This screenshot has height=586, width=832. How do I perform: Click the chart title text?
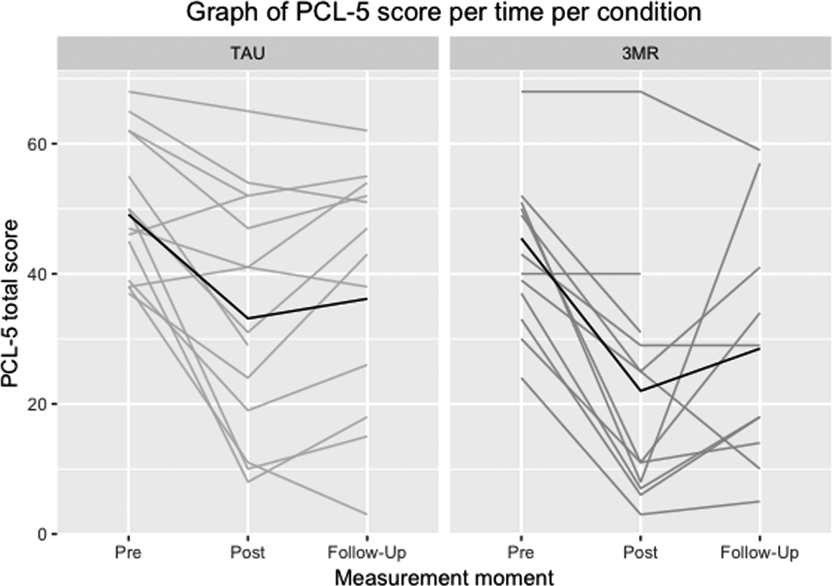443,12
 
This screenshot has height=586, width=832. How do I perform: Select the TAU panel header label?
247,53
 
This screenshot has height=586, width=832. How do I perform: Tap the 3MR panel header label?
640,53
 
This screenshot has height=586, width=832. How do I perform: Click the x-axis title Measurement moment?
444,577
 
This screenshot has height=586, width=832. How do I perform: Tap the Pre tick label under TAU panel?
128,553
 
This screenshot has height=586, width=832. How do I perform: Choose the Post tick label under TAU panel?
247,553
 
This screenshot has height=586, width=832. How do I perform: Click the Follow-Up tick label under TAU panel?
367,553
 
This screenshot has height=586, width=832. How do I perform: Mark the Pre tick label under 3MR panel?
521,553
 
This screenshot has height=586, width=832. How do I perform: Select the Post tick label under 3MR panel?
640,553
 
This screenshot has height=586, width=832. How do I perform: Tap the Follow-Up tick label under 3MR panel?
759,553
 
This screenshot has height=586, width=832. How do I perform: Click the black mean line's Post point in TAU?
248,318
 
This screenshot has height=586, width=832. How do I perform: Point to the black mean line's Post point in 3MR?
641,391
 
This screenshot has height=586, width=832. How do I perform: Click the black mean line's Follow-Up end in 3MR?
759,348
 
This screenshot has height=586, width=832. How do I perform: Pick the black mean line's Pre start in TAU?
129,215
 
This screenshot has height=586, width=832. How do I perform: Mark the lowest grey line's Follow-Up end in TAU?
367,514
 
